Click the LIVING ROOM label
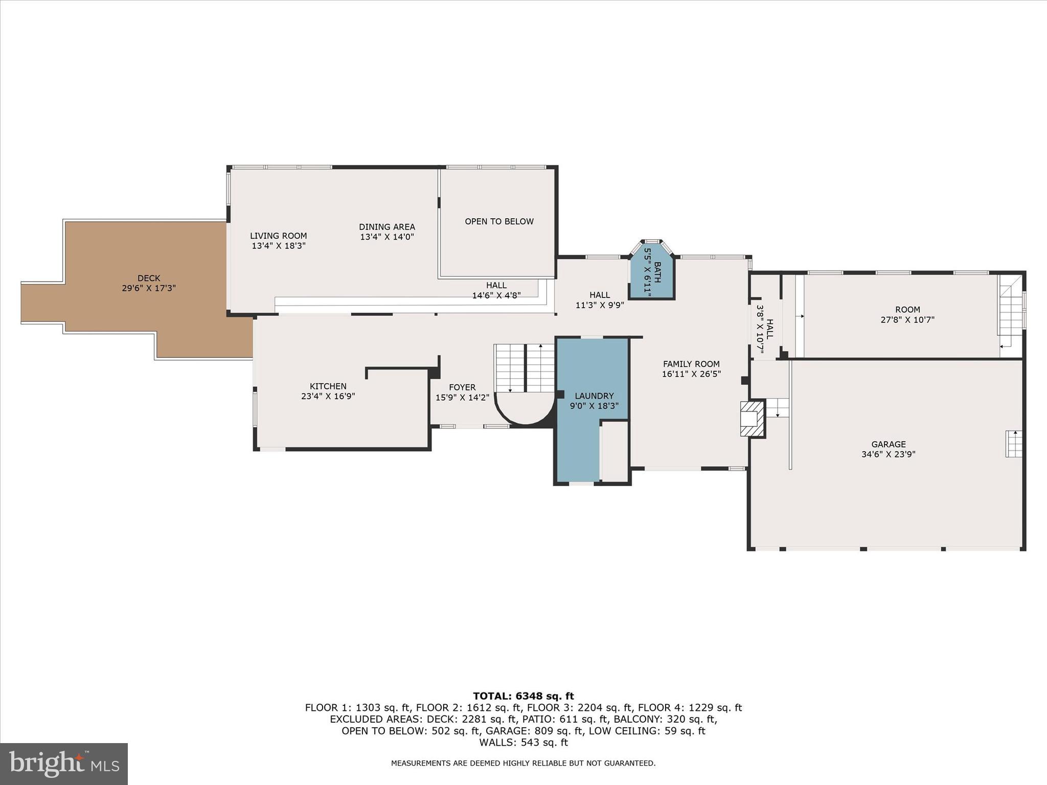click(278, 236)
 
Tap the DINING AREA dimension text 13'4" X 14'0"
click(386, 237)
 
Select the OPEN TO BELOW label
click(499, 221)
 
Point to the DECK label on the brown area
click(148, 278)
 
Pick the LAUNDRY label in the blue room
click(594, 396)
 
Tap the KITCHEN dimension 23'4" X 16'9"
click(328, 396)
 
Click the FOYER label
click(462, 387)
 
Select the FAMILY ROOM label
click(691, 364)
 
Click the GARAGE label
click(888, 444)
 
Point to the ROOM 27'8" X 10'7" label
click(907, 314)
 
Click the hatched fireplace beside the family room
click(752, 419)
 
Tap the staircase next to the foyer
click(524, 368)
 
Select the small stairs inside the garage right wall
click(1014, 444)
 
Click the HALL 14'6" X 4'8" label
click(496, 290)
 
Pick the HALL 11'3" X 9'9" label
click(599, 300)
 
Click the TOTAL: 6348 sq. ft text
click(523, 696)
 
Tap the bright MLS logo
click(64, 764)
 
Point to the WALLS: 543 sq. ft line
click(523, 743)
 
